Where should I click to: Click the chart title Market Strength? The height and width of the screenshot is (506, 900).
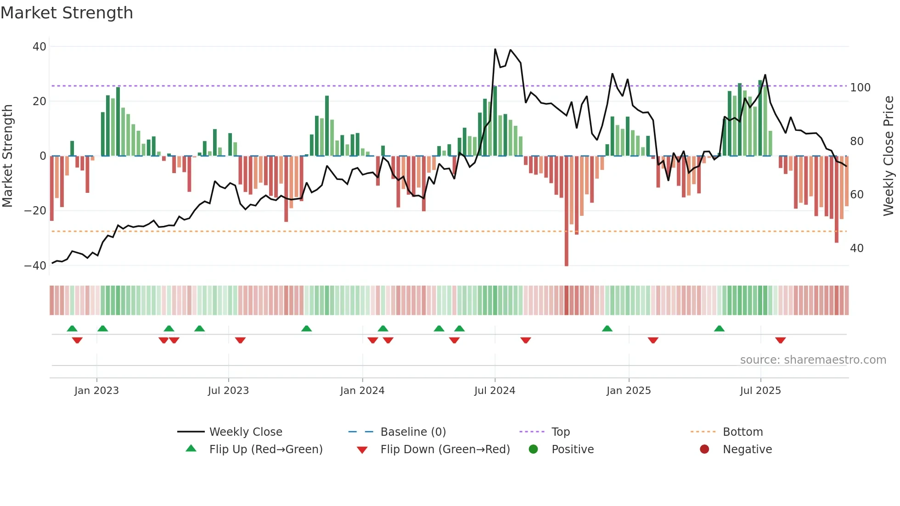pyautogui.click(x=67, y=13)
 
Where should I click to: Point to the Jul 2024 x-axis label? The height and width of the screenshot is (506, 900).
pyautogui.click(x=495, y=391)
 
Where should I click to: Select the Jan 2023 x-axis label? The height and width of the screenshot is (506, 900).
pyautogui.click(x=96, y=391)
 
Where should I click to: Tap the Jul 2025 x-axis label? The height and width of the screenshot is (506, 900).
pyautogui.click(x=760, y=391)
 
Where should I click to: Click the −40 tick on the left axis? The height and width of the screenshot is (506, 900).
pyautogui.click(x=35, y=266)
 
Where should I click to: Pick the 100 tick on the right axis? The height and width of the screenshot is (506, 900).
pyautogui.click(x=860, y=88)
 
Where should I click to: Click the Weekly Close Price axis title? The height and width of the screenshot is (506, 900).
pyautogui.click(x=889, y=156)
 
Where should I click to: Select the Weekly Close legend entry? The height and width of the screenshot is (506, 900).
pyautogui.click(x=245, y=432)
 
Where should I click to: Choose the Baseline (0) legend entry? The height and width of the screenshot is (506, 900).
pyautogui.click(x=413, y=432)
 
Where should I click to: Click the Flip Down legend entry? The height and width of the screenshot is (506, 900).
pyautogui.click(x=444, y=450)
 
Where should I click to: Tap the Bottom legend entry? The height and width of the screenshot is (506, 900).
pyautogui.click(x=742, y=432)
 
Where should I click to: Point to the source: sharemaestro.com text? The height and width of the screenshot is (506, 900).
pyautogui.click(x=813, y=360)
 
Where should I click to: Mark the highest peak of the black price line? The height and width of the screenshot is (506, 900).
pyautogui.click(x=495, y=49)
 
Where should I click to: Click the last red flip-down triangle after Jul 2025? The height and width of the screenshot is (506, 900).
pyautogui.click(x=780, y=340)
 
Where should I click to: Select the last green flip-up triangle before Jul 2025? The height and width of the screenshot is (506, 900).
pyautogui.click(x=719, y=328)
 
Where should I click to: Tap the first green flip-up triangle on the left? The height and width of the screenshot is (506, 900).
pyautogui.click(x=72, y=328)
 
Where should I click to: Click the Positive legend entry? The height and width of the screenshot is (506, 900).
pyautogui.click(x=572, y=450)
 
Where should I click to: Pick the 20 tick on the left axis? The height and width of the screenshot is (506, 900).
pyautogui.click(x=39, y=101)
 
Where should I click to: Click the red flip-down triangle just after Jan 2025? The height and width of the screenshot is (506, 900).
pyautogui.click(x=653, y=340)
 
